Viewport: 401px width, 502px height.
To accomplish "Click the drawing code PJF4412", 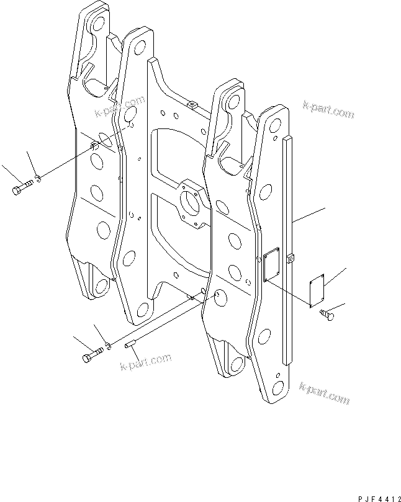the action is point(379,499).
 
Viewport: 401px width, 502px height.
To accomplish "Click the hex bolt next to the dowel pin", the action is point(93,354).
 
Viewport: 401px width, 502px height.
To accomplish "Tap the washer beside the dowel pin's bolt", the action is point(109,346).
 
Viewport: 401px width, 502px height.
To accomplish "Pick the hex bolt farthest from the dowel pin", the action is point(22,187).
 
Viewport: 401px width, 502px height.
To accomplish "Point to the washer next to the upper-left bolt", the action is point(38,178).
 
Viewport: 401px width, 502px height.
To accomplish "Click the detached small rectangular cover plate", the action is point(317,290).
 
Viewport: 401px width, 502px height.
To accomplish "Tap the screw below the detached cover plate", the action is point(327,315).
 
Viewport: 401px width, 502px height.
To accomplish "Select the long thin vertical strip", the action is point(287,250).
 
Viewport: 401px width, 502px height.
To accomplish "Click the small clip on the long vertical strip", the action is point(290,258).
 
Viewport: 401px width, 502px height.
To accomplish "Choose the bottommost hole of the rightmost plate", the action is point(277,388).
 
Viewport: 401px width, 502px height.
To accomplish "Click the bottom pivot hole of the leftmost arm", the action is point(102,286).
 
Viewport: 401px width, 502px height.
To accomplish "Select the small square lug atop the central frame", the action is point(192,104).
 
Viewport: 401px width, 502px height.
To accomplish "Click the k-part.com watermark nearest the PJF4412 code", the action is point(325,393).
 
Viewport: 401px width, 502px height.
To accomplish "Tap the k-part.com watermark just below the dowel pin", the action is point(146,361).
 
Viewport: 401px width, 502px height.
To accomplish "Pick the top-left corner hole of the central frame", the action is point(140,48).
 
